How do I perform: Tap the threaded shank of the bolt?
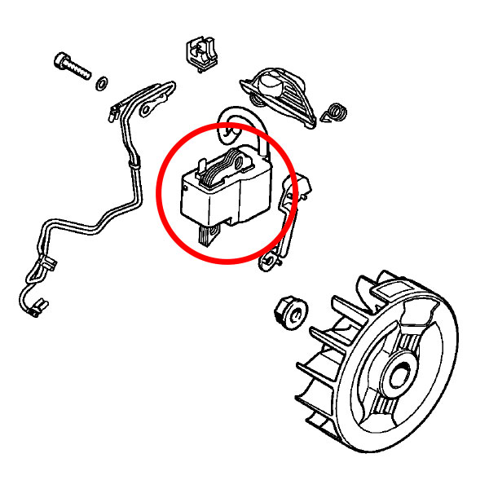(82, 70)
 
